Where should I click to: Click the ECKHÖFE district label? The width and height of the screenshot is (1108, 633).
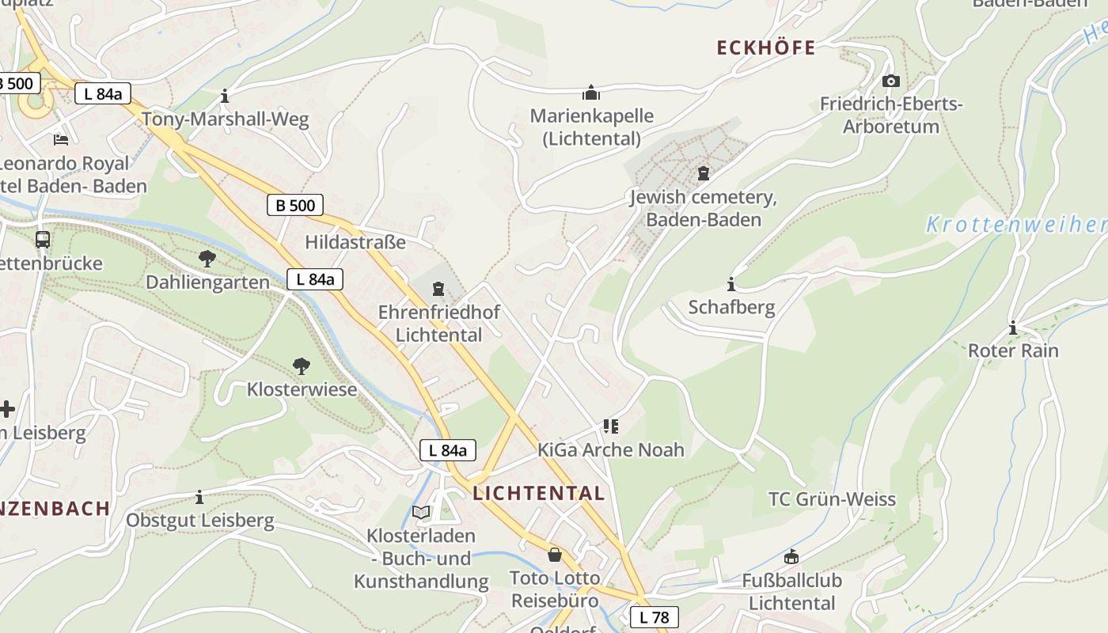coord(765,48)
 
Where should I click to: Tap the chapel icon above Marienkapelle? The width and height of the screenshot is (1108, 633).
coord(591,93)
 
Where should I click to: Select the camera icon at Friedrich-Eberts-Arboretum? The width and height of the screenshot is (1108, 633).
coord(891,81)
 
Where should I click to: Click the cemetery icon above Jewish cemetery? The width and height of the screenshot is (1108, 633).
coord(703,173)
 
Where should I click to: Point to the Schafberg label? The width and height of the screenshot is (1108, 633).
coord(731,307)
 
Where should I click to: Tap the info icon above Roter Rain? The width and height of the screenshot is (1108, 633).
coord(1013,328)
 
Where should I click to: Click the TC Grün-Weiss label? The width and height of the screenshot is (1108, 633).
coord(832,499)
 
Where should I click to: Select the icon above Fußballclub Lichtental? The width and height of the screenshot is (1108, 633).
coord(791,557)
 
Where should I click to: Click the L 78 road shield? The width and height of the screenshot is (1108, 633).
coord(654,617)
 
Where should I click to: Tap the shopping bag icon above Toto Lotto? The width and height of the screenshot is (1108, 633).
coord(555,555)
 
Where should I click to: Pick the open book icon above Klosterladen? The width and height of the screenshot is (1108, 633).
coord(421,513)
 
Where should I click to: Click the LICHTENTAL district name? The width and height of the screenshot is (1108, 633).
coord(539,494)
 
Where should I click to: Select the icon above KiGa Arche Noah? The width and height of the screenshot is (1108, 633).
coord(610,426)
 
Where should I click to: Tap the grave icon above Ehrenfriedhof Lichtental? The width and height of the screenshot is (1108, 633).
coord(438,290)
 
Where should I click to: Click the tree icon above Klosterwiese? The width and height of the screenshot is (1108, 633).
coord(301,366)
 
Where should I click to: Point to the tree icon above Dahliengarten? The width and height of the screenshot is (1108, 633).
coord(207,259)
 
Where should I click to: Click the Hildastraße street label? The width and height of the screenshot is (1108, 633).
coord(355,242)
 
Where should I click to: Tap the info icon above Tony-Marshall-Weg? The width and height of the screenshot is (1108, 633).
coord(225,97)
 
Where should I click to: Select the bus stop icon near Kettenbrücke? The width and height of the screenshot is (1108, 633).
coord(43,239)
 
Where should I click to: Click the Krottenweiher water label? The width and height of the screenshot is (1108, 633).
coord(1016,225)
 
